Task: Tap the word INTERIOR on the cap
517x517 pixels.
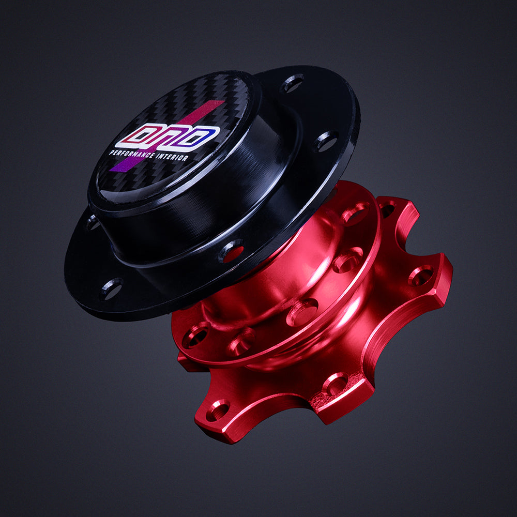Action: [172, 157]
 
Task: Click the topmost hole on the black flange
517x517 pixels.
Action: [293, 83]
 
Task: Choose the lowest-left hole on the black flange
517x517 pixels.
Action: [111, 288]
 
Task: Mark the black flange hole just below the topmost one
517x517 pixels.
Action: [326, 141]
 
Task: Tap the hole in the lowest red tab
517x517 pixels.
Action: [218, 410]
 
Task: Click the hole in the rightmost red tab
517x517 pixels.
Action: [421, 275]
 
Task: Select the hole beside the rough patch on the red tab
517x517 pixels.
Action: [335, 384]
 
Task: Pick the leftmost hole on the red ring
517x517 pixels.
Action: [195, 337]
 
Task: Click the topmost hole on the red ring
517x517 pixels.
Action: [356, 213]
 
